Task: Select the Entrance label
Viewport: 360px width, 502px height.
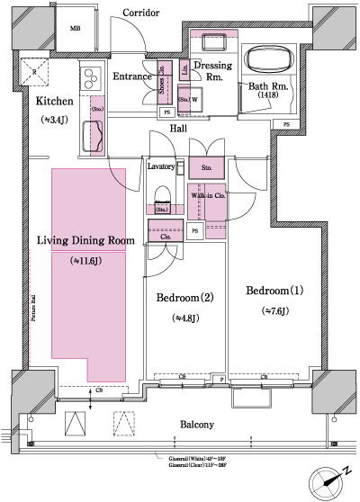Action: pyautogui.click(x=132, y=77)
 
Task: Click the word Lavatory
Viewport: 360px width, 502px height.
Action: pyautogui.click(x=163, y=167)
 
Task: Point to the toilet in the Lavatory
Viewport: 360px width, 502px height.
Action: pyautogui.click(x=163, y=197)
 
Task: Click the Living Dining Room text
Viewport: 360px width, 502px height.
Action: pyautogui.click(x=85, y=240)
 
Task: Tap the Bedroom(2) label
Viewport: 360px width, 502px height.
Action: pyautogui.click(x=184, y=298)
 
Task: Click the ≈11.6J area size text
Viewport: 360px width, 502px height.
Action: pyautogui.click(x=87, y=261)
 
